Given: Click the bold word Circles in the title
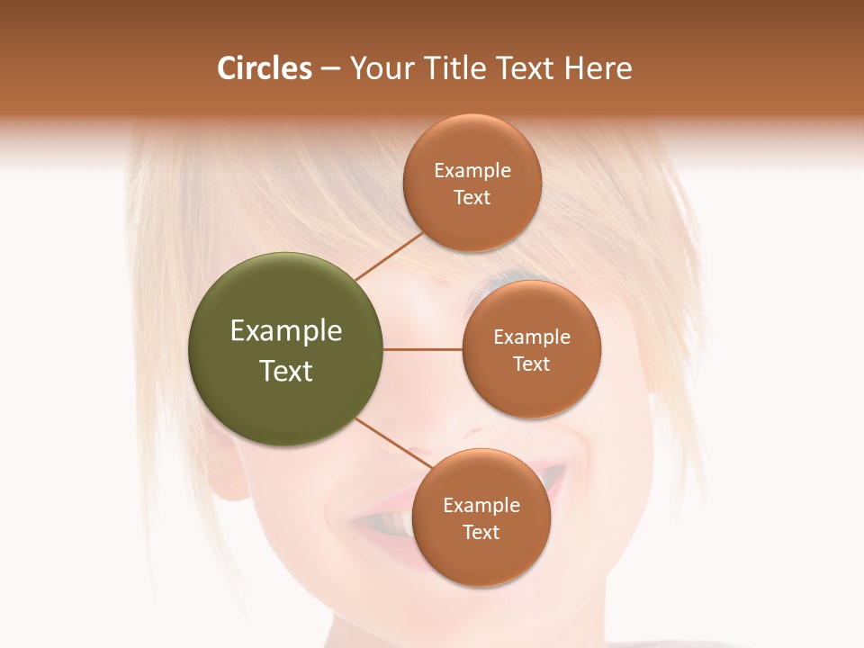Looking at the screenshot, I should point(264,68).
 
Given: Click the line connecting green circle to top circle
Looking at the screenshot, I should point(388,256).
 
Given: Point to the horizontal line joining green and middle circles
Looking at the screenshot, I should point(422,349).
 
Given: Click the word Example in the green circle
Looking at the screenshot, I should point(286,331).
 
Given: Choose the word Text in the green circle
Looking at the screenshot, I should point(286,371).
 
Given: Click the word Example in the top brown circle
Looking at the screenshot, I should point(472,170).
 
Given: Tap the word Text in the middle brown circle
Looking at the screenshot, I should point(532,364).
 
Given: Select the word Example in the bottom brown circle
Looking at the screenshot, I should point(481,505).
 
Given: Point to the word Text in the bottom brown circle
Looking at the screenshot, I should point(481,532).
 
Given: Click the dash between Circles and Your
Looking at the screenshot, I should point(330,69).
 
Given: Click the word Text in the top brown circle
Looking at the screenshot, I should point(472,197).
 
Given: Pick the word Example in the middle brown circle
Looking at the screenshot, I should point(532,337).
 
